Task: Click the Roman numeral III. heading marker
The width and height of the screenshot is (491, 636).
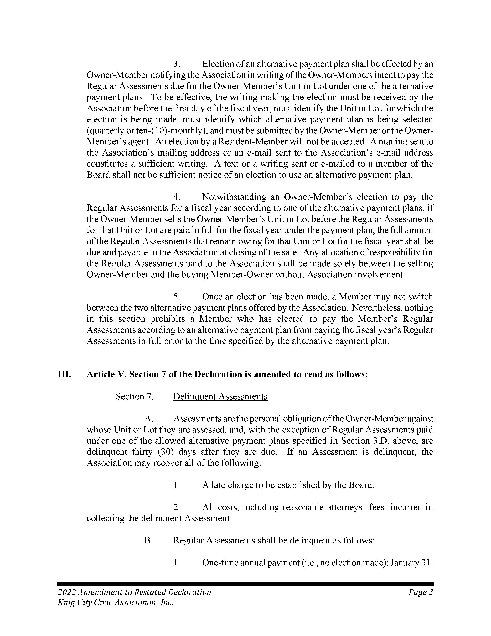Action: (64, 374)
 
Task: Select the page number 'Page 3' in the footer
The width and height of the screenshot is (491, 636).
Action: (421, 592)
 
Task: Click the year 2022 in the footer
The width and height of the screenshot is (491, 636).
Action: (67, 592)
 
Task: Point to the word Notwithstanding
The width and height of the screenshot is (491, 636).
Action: (234, 197)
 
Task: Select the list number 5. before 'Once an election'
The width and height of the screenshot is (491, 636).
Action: (177, 297)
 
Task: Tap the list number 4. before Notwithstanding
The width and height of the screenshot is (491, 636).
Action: (177, 197)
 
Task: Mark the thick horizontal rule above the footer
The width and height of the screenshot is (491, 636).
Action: (245, 583)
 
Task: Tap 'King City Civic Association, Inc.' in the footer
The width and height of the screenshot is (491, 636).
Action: (116, 602)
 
